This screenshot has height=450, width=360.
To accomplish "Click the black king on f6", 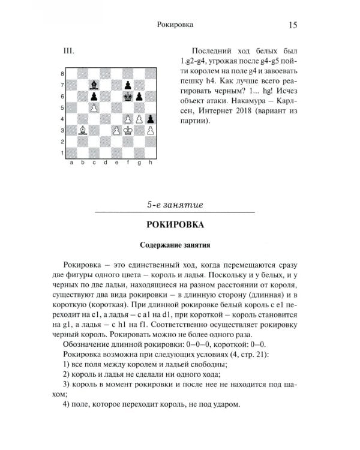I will click(128, 95).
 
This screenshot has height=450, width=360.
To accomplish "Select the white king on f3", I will click(128, 130).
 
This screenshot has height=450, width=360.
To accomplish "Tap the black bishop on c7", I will click(94, 85).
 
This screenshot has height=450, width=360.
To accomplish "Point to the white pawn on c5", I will click(94, 107).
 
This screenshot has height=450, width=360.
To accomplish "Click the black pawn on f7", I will click(128, 85).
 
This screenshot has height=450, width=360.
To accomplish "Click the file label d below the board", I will click(105, 162).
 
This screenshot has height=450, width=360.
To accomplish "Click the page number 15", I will click(293, 25).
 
